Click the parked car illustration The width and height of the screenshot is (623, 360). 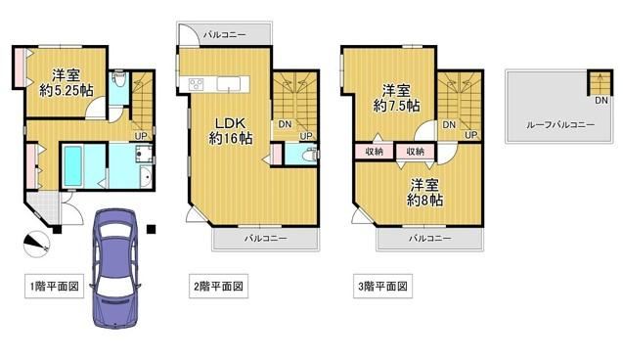115,268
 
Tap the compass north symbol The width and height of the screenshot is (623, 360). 36,244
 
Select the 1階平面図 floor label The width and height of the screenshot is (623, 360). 55,286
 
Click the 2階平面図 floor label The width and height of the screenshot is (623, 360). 218,286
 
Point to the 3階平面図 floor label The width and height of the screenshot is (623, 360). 382,286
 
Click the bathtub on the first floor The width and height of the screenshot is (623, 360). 72,165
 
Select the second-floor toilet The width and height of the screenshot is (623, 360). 309,155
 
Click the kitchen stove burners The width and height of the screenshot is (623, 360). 196,84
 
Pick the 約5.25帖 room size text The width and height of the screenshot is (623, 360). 66,91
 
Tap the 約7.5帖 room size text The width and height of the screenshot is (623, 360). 396,106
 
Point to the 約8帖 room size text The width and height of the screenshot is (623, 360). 424,200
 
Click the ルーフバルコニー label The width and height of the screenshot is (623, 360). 560,125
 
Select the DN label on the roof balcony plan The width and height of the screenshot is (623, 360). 601,101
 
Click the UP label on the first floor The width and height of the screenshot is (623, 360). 141,136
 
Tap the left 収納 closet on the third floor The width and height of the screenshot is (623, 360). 374,152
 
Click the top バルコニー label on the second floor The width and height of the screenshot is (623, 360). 225,35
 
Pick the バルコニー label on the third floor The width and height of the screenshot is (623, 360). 430,239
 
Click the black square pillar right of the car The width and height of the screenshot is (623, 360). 151,229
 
